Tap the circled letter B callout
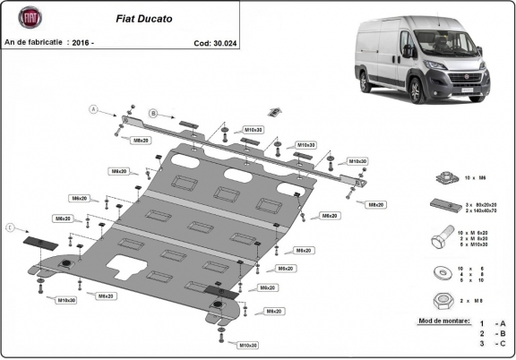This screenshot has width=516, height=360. point(153,113)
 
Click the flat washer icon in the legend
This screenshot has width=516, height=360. point(441,270)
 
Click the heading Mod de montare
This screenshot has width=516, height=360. point(443,320)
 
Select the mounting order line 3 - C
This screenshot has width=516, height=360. point(493,344)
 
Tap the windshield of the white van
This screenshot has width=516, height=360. point(439,41)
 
